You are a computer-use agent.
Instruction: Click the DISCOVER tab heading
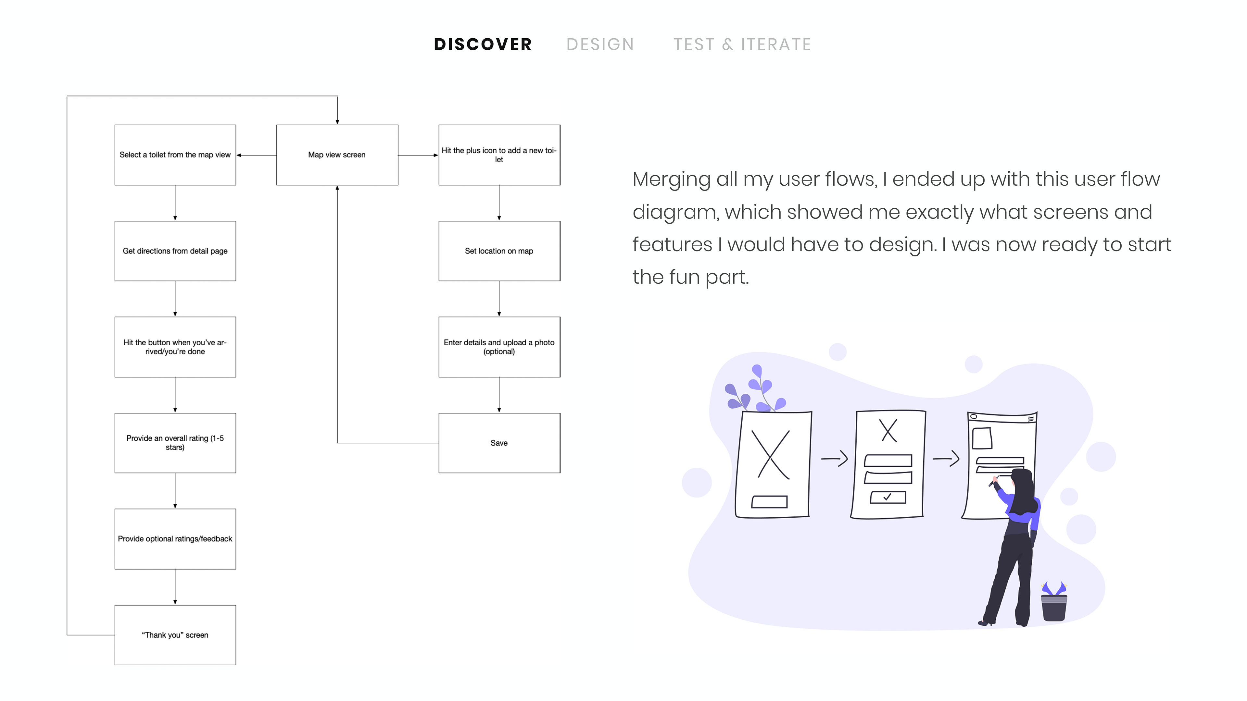coord(483,44)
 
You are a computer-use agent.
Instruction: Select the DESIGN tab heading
coord(600,44)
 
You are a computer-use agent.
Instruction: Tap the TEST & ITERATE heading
coord(742,44)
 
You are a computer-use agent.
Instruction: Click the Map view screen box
coord(337,155)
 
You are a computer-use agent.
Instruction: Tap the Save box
coord(499,443)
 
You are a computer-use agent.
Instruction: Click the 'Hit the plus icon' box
coord(499,155)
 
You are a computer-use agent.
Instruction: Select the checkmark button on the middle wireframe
coord(888,497)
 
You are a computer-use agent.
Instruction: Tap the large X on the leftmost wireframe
coord(773,454)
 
